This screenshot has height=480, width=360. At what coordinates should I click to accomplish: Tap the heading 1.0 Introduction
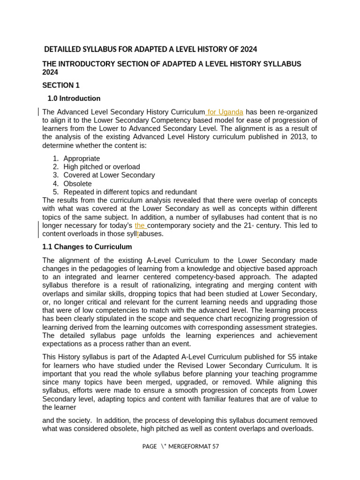click(74, 98)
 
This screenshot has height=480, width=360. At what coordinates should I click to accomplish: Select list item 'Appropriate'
click(82, 158)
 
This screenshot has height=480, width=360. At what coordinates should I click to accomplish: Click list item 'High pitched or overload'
click(101, 167)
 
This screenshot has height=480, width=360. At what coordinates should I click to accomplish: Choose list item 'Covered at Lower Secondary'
click(109, 175)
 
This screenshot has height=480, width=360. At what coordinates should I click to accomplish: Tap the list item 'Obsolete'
click(77, 184)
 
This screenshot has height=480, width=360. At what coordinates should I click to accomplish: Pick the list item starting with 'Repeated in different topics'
click(130, 192)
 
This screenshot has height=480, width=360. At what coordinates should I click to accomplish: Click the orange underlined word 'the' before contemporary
click(140, 225)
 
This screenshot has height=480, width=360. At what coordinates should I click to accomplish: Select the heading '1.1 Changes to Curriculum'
click(87, 247)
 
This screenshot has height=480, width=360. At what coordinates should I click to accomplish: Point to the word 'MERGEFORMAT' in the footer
click(189, 446)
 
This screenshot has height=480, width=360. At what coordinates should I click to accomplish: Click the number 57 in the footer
click(215, 446)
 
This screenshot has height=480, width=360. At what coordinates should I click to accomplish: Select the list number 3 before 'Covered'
click(55, 175)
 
